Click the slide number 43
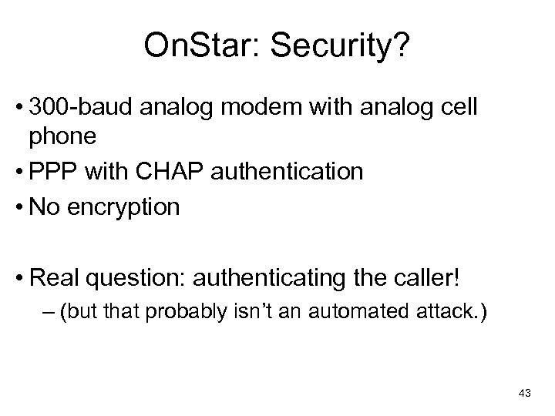(524, 394)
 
